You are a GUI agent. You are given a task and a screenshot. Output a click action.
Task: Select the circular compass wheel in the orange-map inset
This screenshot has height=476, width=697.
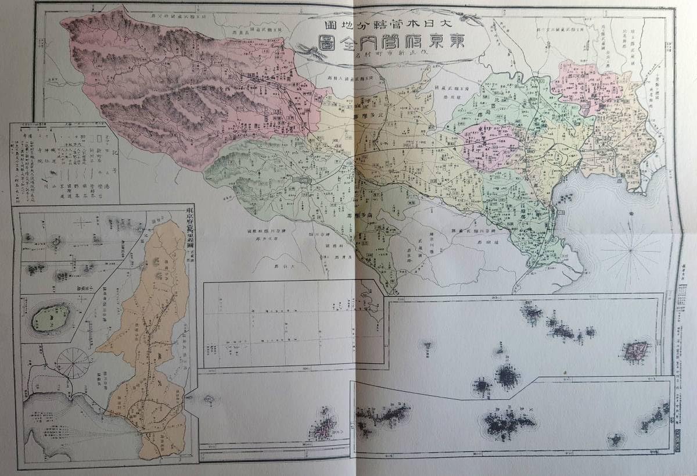(x=73, y=363)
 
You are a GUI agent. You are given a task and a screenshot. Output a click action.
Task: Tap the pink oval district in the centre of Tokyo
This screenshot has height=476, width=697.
(x=491, y=145)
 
